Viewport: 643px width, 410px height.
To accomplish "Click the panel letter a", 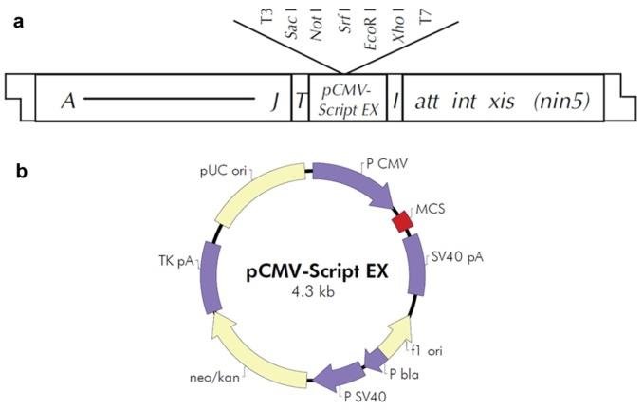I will (15, 22).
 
